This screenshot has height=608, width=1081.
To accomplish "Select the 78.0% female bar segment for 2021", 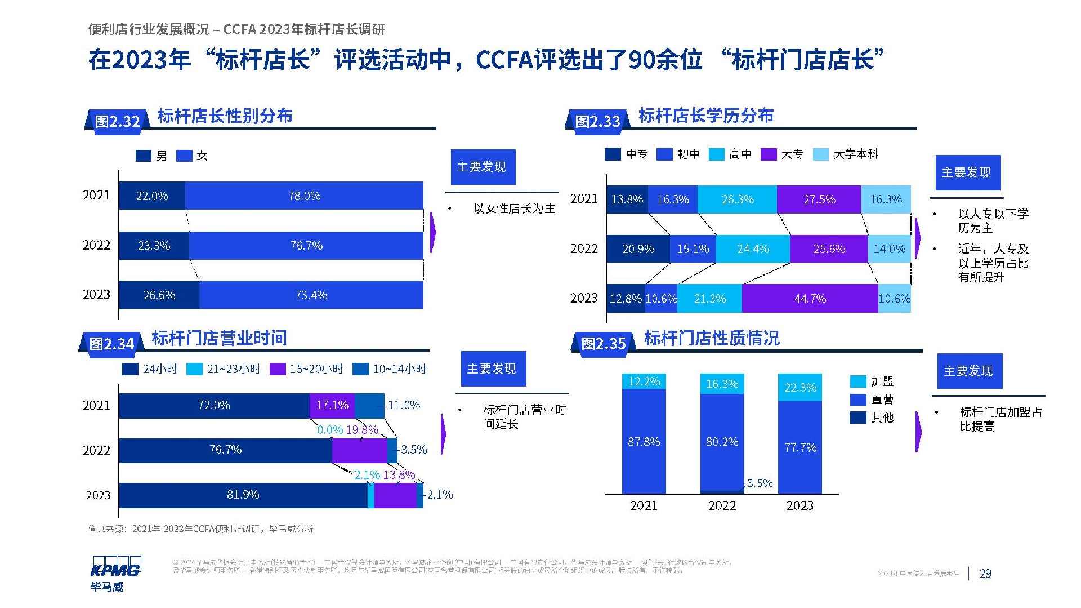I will (304, 196).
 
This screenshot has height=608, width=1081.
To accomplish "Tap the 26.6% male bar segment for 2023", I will (159, 295).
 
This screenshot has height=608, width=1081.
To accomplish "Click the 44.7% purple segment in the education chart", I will (810, 299).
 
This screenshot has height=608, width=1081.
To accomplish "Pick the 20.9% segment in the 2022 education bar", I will (638, 249).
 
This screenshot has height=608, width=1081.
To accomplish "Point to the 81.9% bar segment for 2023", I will (243, 495).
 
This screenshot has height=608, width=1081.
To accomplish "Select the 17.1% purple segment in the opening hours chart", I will (332, 405).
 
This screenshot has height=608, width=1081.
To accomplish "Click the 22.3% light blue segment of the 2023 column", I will (800, 387).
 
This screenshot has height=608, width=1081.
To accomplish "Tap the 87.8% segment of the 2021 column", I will (644, 442).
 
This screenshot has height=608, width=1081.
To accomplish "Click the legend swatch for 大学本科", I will (821, 154).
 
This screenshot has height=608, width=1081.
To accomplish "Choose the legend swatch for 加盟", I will (858, 381).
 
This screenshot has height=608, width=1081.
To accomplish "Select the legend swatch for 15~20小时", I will (278, 369).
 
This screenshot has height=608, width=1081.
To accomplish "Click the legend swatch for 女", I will (184, 156).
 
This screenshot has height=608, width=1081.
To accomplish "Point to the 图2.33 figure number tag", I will (597, 121).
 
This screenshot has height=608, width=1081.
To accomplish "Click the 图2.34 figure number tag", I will (111, 344).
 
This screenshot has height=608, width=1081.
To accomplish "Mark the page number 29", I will (985, 574).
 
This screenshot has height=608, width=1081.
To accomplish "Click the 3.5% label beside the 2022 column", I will (760, 483).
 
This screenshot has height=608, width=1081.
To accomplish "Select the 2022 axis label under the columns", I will (722, 505).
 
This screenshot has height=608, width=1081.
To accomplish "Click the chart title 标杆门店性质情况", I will (712, 338).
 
